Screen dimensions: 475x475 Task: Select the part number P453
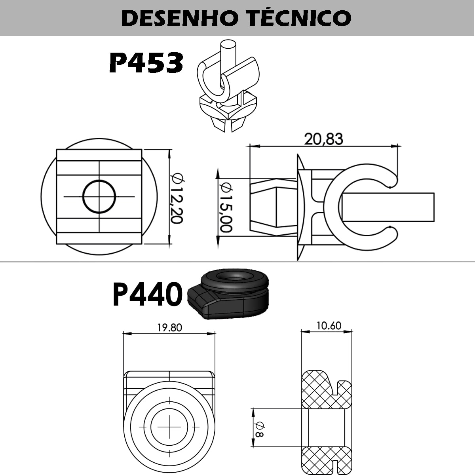pos(146,63)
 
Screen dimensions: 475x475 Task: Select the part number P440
pos(148,294)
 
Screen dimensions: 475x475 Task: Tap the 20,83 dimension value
pos(323,139)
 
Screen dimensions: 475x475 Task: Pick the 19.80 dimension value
pos(170,328)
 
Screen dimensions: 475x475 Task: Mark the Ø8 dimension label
pos(260,429)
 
